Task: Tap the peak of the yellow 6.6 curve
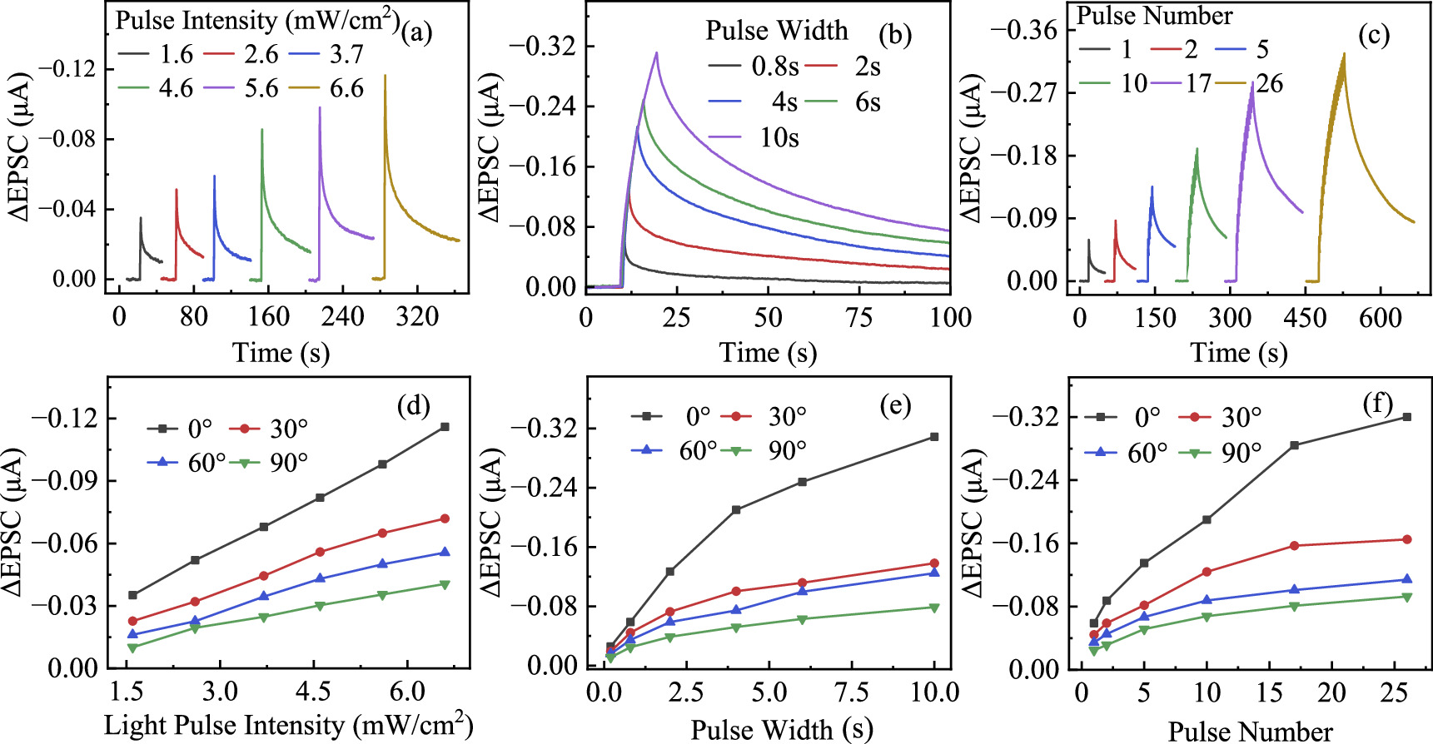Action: [385, 76]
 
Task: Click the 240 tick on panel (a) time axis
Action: [343, 317]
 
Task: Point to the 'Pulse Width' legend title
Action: [776, 31]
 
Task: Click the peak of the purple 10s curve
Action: [657, 53]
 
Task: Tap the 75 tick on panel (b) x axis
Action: [858, 317]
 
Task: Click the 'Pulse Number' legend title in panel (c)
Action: [1154, 16]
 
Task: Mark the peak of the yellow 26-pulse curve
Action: [1344, 55]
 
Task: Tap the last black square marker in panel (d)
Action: [445, 427]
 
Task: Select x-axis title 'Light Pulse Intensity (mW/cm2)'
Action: [288, 726]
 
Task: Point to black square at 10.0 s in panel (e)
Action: [934, 437]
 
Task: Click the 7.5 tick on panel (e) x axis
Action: [851, 692]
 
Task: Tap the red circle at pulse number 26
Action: [1407, 540]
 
